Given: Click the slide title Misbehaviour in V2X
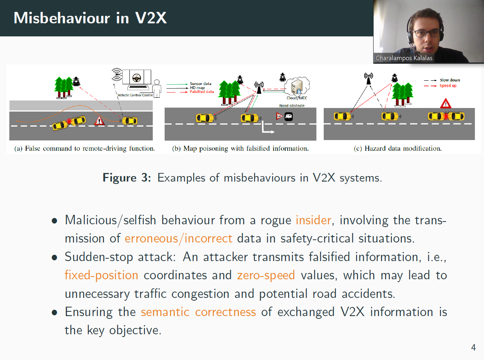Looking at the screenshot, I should point(90,18).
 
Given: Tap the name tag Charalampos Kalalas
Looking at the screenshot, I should point(404,58).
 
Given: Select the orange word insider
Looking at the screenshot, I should point(313,220).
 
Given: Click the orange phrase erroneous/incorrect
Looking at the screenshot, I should point(178,238).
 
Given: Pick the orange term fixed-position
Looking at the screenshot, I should point(101,275).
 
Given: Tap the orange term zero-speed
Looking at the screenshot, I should point(266,275).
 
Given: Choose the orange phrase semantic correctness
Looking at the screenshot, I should point(198,312).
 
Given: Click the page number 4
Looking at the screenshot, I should point(473,348).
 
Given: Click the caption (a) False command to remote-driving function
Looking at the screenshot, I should point(84,149).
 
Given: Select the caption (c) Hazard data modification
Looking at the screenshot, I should point(397,149).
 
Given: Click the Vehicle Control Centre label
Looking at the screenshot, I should point(135,95).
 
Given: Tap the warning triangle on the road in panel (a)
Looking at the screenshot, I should point(99,121).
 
